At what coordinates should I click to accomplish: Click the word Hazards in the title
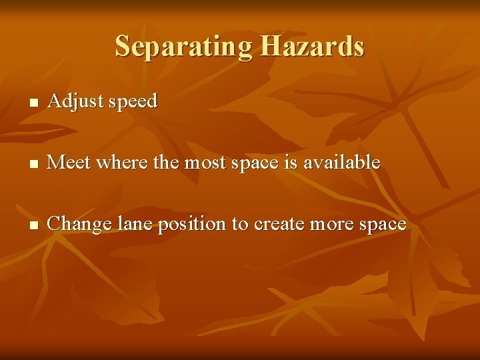(312, 46)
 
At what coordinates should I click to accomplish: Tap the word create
(280, 224)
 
